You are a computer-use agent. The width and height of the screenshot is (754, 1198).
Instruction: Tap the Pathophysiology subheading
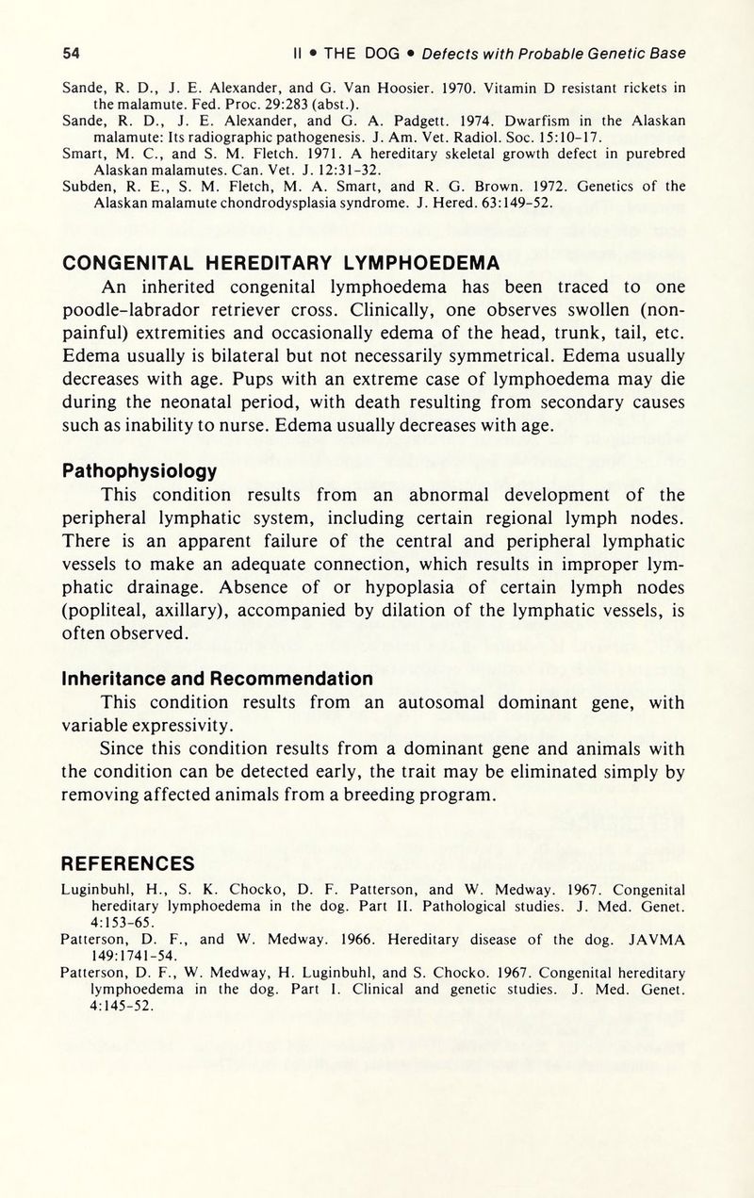pos(139,469)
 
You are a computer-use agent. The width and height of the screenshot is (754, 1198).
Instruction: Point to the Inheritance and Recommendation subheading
pos(217,678)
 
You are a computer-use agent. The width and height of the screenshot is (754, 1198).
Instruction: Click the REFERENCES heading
pos(127,863)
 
